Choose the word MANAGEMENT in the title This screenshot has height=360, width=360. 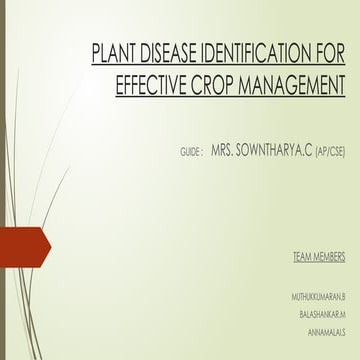[x=301, y=86]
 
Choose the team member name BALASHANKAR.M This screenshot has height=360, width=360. [x=322, y=314]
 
